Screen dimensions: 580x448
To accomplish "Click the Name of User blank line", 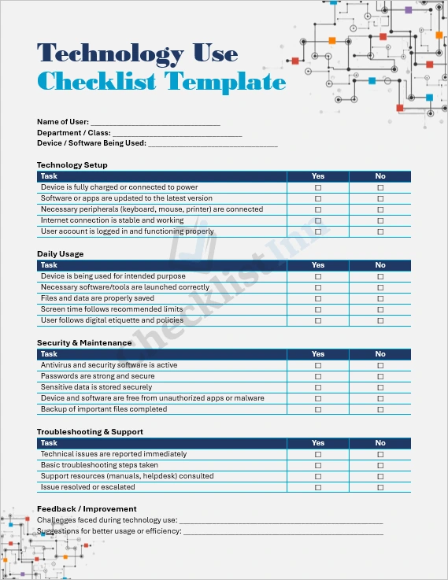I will click(x=155, y=122).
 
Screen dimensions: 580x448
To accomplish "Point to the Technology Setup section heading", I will click(x=72, y=165).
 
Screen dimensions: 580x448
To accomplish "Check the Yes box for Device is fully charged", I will click(x=318, y=188).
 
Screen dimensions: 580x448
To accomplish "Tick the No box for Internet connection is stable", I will click(x=380, y=221).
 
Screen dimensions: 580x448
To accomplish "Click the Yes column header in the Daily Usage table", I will click(x=318, y=265).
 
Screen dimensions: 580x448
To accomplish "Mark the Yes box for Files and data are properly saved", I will click(x=318, y=299).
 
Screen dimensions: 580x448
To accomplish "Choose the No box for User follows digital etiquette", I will click(x=380, y=321).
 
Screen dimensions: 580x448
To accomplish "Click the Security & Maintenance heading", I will click(x=84, y=343).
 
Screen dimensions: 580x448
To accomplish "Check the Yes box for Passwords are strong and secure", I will click(x=318, y=377).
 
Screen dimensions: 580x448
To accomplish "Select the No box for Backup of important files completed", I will click(x=380, y=410).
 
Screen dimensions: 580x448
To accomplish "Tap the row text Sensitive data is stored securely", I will click(x=96, y=387).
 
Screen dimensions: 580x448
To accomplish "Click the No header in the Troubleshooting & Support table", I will click(x=380, y=443).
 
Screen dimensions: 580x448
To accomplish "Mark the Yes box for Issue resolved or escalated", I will click(x=318, y=488).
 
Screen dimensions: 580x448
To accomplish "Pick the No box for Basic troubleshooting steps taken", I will click(x=380, y=466).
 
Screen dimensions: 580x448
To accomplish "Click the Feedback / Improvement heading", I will click(x=87, y=509).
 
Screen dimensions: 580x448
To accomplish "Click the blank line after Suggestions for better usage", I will click(x=283, y=532).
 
